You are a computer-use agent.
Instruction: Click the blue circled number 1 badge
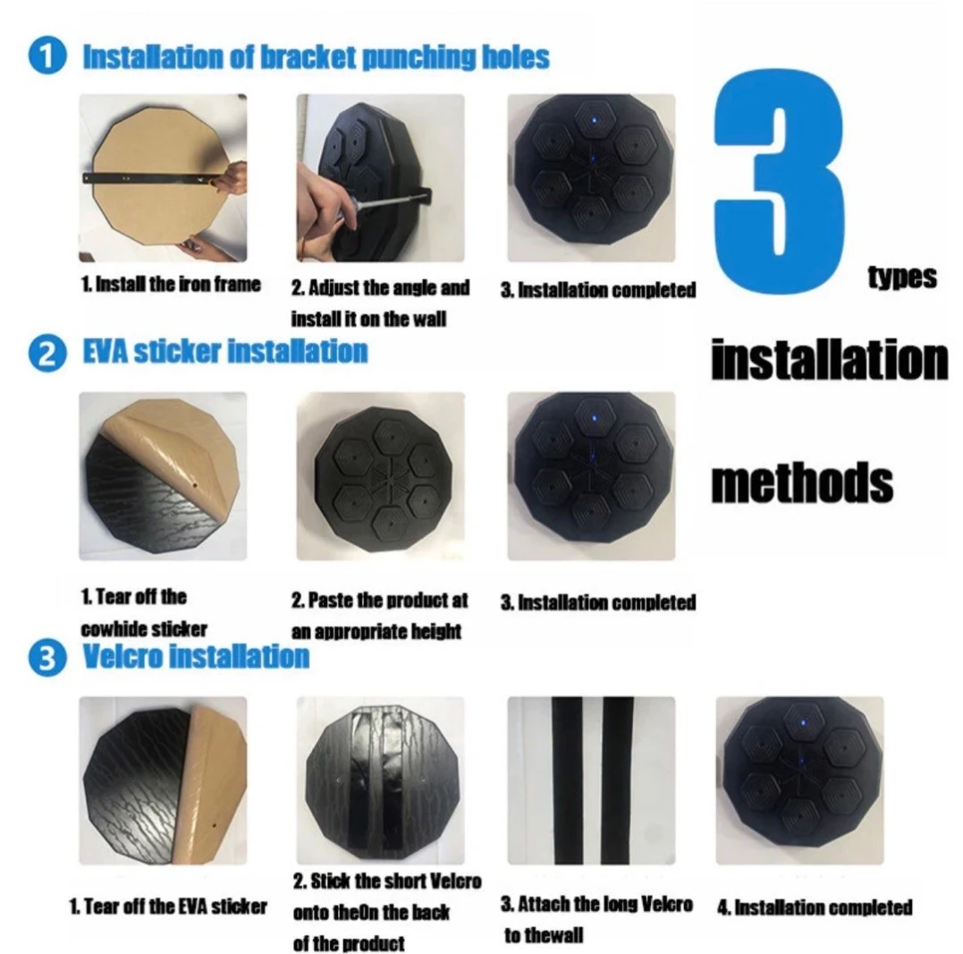(47, 56)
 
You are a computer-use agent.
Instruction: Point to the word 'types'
(902, 277)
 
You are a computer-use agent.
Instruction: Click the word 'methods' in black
(802, 482)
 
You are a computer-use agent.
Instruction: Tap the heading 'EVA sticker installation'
(225, 352)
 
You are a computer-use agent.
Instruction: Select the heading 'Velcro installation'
(196, 656)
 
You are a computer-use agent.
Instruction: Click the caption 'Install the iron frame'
(178, 284)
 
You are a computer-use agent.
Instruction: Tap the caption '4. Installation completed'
(815, 907)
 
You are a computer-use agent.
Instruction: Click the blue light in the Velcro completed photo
(803, 723)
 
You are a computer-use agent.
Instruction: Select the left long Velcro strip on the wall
(567, 780)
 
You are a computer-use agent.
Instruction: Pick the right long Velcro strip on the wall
(617, 780)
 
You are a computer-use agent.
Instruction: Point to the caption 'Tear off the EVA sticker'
(175, 906)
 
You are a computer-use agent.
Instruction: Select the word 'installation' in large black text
(830, 360)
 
